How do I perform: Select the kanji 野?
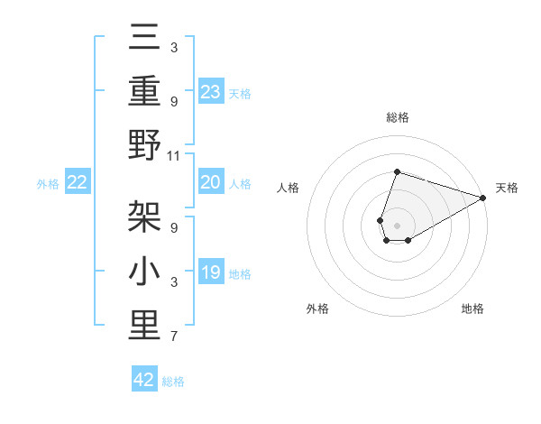(x=144, y=146)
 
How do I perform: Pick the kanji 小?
(x=144, y=272)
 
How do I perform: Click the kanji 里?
(x=144, y=326)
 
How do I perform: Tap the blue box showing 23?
(x=211, y=91)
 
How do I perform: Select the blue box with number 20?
(x=211, y=182)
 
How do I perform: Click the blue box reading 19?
(x=211, y=272)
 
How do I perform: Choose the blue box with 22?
(x=78, y=182)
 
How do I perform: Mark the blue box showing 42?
(x=144, y=380)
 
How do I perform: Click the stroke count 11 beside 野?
(x=174, y=156)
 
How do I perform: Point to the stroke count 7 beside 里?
(x=174, y=337)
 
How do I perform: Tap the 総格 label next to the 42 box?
(x=174, y=382)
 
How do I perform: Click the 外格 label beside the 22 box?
(x=48, y=184)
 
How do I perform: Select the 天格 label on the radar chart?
(x=508, y=188)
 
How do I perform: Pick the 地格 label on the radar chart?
(x=472, y=309)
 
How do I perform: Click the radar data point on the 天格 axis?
(x=483, y=198)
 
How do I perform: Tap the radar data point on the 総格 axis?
(x=397, y=172)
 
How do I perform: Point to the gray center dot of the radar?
(x=397, y=223)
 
